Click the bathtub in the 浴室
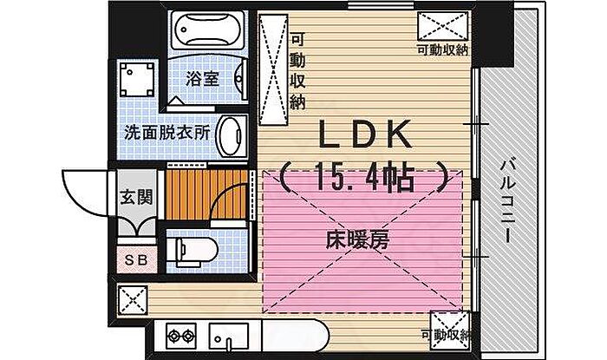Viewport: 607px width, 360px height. click(x=208, y=30)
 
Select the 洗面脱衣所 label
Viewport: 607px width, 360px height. click(x=167, y=133)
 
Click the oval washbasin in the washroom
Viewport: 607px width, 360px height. click(x=232, y=136)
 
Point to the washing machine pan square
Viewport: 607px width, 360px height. click(x=137, y=79)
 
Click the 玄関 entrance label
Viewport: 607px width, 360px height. click(x=136, y=197)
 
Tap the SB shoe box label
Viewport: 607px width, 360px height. click(x=136, y=260)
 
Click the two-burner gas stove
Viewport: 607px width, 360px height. click(x=181, y=336)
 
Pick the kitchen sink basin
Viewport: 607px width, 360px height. click(x=229, y=336)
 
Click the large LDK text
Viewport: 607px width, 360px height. click(x=364, y=134)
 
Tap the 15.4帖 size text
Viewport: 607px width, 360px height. click(x=364, y=177)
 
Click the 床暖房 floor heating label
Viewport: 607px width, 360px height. click(x=357, y=240)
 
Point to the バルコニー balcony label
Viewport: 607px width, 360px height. click(x=508, y=201)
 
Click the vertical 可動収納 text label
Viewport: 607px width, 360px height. click(x=297, y=71)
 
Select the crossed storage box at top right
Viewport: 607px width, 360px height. click(x=442, y=26)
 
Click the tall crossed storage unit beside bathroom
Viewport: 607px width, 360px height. click(x=273, y=69)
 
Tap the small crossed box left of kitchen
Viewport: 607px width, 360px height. click(x=133, y=300)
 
